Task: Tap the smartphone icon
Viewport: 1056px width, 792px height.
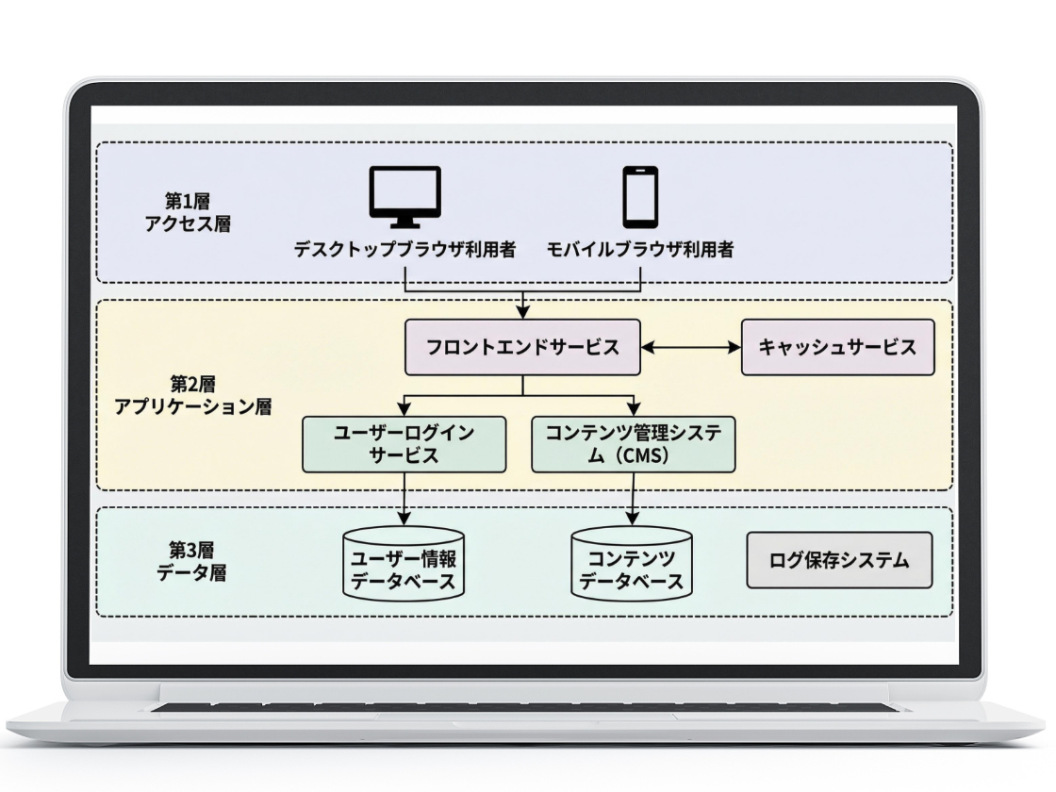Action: pos(641,196)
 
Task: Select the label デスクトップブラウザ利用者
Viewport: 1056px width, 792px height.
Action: pos(404,251)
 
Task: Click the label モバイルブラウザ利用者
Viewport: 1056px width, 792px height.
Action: pos(641,251)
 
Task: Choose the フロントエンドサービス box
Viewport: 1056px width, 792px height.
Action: pos(522,347)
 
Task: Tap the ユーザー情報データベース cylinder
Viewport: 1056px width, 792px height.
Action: pos(404,564)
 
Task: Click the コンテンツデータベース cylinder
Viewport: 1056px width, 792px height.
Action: pos(632,564)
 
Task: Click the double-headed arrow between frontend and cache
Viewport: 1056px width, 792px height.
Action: pos(691,347)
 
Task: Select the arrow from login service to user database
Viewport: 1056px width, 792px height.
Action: pos(404,498)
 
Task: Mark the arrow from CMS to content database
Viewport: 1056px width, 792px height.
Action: pos(633,498)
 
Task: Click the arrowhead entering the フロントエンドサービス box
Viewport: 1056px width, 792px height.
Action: pos(522,315)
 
